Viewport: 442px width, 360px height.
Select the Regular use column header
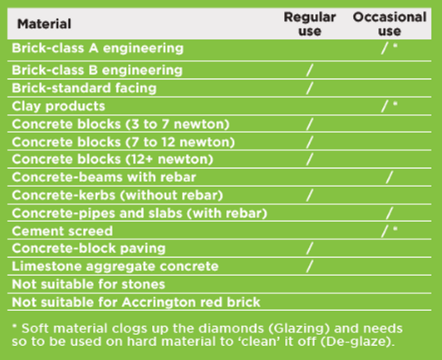(310, 24)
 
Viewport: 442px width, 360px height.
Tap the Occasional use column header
(390, 24)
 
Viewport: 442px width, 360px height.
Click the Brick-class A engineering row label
(97, 48)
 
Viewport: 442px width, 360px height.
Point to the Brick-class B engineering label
(96, 71)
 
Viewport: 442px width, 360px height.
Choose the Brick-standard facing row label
(84, 88)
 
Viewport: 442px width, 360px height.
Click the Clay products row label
(58, 106)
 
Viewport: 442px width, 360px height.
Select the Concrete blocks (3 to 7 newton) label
(120, 124)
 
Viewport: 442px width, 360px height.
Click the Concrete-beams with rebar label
(104, 177)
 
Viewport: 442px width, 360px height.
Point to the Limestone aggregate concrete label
(115, 266)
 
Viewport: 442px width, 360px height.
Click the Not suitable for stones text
(88, 284)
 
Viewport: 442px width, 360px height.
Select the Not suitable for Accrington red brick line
(136, 302)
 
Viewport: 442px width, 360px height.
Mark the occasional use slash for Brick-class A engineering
(385, 48)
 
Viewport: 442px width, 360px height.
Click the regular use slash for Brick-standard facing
(310, 88)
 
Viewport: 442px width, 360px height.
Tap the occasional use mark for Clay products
(385, 106)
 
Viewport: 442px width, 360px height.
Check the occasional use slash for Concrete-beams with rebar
(389, 177)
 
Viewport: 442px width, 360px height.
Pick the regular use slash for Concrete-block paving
(310, 248)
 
